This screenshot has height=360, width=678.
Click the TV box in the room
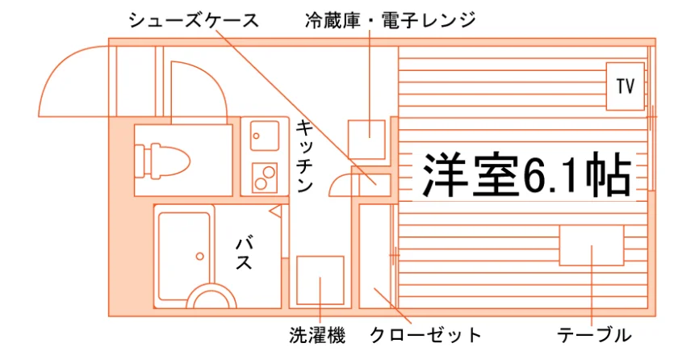(x=626, y=86)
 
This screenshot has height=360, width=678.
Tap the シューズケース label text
(x=194, y=20)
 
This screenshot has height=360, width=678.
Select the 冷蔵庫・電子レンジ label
(x=390, y=20)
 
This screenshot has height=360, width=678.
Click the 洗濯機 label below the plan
(x=317, y=335)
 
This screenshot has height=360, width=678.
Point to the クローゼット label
(x=425, y=335)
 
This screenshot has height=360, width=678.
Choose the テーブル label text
(x=594, y=335)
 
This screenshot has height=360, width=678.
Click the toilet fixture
(x=161, y=161)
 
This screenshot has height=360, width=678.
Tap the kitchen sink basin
(x=265, y=136)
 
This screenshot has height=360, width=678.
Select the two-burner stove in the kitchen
(x=265, y=178)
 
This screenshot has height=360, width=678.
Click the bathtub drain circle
(x=200, y=257)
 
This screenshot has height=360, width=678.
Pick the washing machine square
(x=320, y=280)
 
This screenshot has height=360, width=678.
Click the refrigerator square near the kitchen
(x=366, y=140)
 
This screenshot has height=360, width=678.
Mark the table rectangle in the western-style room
(x=592, y=245)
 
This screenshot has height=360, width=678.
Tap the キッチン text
(x=304, y=157)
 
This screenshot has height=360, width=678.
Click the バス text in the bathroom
(x=245, y=253)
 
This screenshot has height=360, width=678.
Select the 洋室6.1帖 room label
(x=526, y=174)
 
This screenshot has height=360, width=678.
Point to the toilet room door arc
(x=214, y=77)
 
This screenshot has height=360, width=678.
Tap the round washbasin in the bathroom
(x=211, y=287)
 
